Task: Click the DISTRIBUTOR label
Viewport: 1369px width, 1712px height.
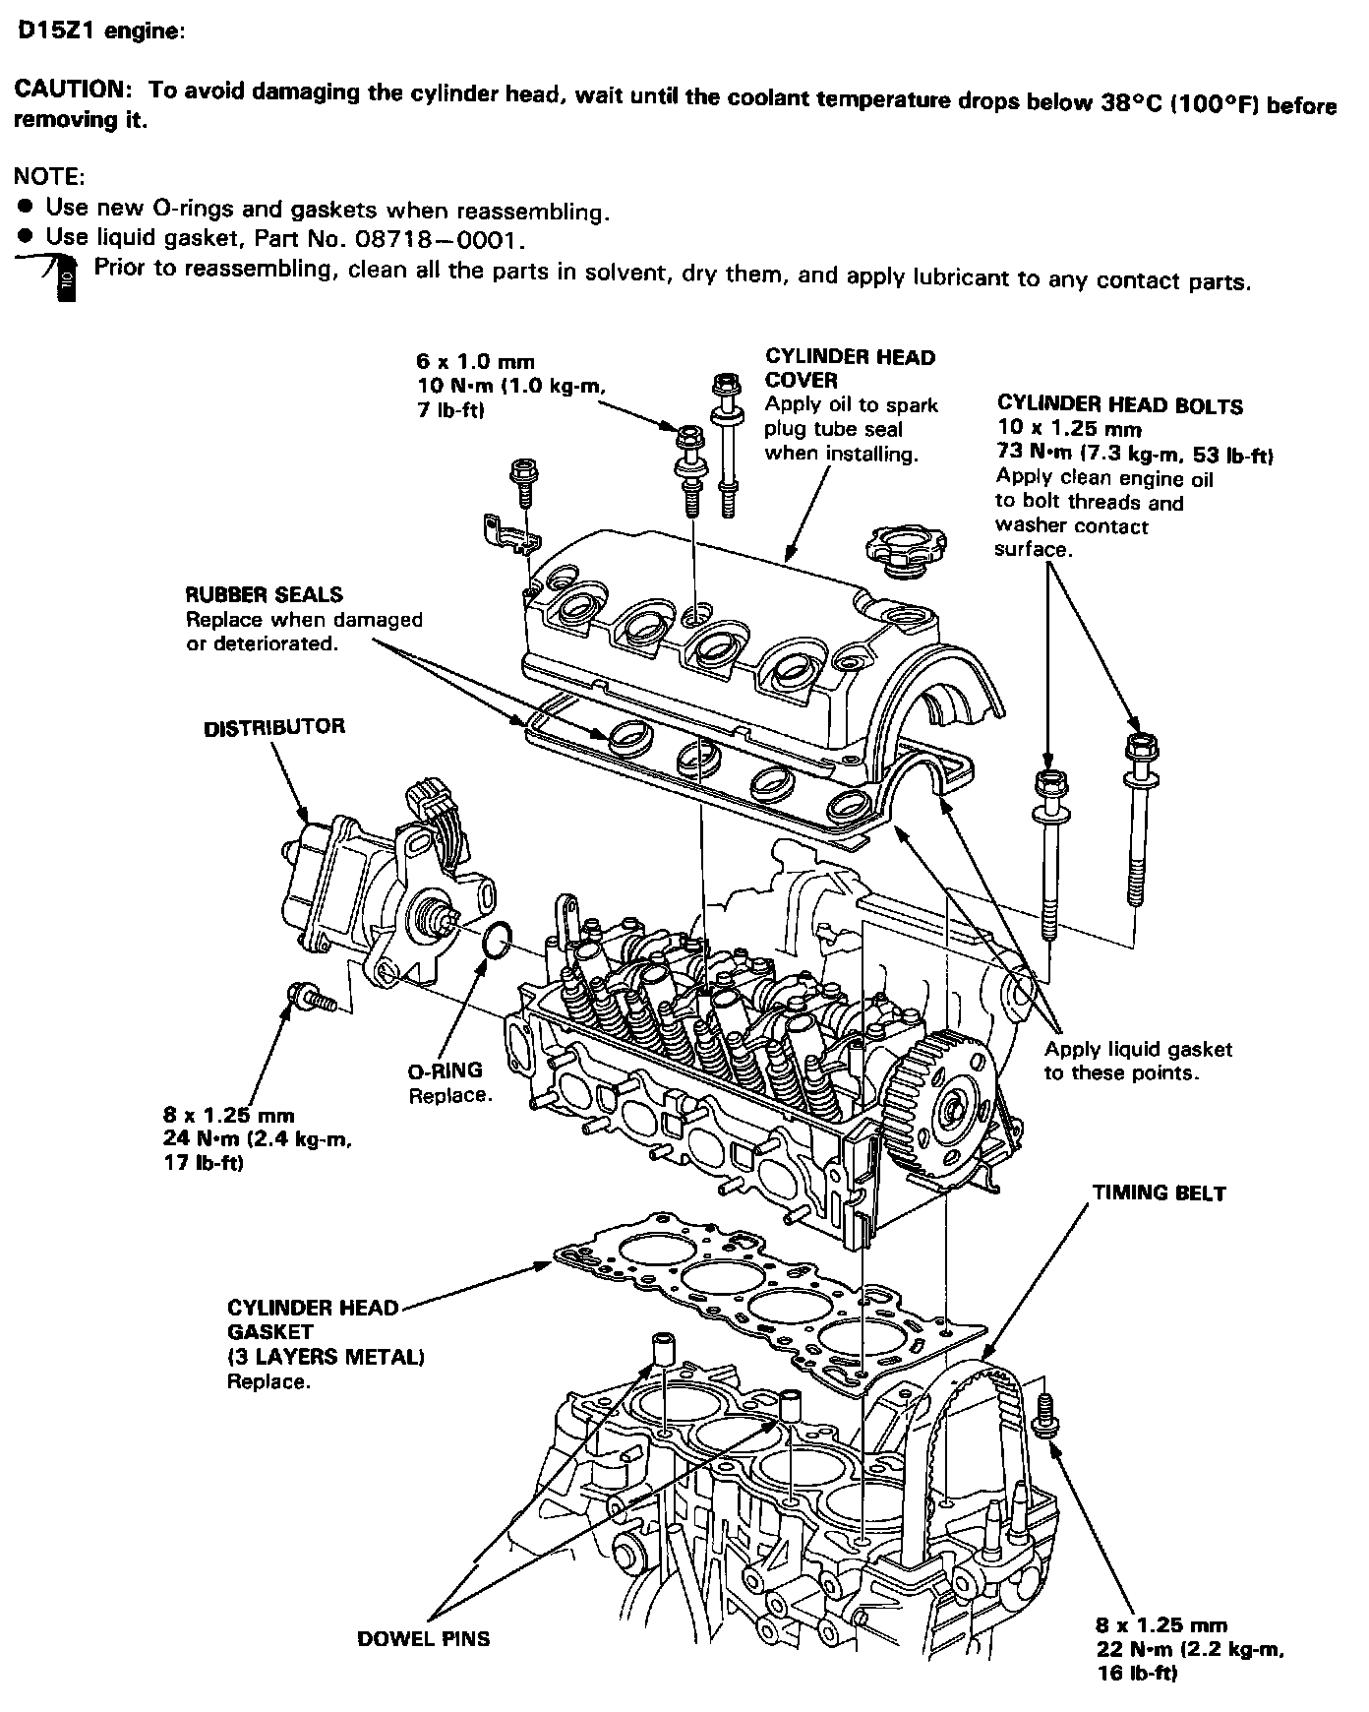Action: point(274,728)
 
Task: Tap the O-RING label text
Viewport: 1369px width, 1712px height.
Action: point(446,1070)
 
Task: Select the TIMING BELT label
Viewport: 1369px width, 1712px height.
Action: point(1160,1193)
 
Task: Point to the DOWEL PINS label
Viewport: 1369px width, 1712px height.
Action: point(424,1638)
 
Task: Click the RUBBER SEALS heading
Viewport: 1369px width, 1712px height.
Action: point(265,595)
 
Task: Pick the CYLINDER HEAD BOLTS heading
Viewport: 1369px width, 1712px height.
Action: point(1120,405)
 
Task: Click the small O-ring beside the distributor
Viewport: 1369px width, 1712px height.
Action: point(497,941)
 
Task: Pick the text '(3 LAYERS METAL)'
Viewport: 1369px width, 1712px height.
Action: point(326,1357)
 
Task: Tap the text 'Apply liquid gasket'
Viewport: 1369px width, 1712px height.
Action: point(1138,1050)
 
